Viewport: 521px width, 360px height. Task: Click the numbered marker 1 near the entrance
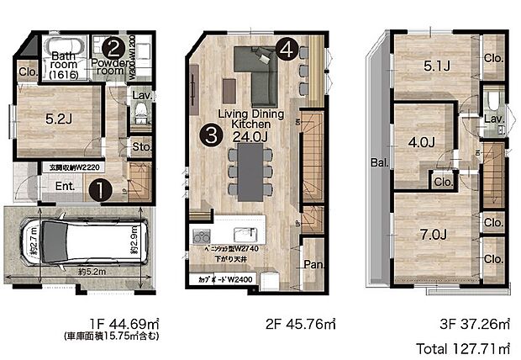99,190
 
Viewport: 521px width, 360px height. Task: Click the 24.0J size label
250,137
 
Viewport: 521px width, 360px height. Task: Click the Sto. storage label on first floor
141,149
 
